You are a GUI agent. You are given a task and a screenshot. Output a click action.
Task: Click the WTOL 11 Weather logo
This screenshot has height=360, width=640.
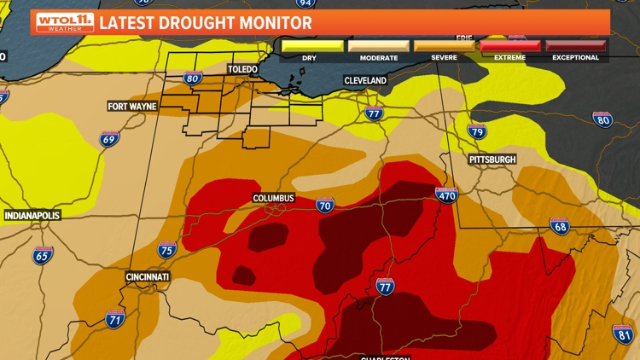coord(64,22)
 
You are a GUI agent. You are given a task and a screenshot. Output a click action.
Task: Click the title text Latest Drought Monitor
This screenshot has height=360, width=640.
coord(205,23)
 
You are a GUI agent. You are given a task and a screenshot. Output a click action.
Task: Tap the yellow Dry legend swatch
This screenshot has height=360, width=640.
coord(313,45)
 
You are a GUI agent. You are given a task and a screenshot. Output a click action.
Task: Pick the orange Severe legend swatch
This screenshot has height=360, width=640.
coord(444,45)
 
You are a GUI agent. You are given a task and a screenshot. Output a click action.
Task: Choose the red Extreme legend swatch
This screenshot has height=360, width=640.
coord(509,45)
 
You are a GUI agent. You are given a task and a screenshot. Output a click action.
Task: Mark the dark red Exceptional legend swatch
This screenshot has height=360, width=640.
coord(576,45)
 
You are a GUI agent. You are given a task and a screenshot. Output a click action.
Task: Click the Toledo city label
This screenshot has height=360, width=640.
coord(242,68)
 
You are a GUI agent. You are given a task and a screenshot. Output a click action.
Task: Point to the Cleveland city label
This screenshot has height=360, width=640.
coord(365,80)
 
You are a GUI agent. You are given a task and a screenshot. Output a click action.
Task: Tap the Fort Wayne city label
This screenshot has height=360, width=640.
coord(132,107)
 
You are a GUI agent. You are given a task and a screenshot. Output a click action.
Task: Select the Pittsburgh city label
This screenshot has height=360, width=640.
coord(492,160)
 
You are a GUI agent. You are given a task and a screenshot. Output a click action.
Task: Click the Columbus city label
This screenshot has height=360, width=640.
coord(273,199)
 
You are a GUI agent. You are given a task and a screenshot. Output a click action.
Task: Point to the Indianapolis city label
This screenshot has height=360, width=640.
coord(32,216)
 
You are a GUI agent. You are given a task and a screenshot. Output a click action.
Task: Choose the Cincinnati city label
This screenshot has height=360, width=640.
coord(146,277)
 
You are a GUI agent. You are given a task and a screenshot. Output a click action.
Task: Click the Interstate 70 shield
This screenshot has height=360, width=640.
coord(325,205)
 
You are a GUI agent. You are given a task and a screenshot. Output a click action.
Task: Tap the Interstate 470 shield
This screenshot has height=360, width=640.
coord(446,195)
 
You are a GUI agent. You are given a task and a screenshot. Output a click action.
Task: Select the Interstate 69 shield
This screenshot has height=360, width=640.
coord(109,139)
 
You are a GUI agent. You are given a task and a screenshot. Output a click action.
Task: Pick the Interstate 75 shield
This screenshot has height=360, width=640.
coord(167,250)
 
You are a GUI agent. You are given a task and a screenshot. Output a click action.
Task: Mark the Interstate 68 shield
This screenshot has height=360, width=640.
coord(560,226)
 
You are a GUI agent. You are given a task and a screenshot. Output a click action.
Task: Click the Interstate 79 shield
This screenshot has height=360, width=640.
coord(477,131)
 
